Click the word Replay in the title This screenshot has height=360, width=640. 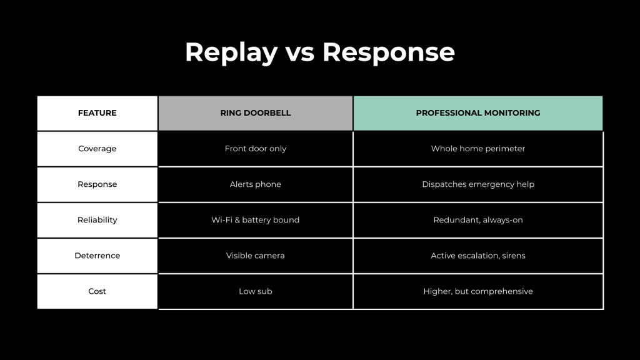231,52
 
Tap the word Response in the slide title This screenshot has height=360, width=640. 389,52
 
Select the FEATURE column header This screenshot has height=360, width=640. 97,113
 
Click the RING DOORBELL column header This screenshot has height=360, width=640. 256,113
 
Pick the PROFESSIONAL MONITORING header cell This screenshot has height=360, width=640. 478,113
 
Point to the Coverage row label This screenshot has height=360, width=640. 97,149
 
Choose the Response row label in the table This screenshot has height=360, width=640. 97,184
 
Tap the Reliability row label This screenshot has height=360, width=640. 97,220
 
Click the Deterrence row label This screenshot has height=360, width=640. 97,256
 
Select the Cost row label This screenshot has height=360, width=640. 97,291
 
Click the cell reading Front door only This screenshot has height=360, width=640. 256,149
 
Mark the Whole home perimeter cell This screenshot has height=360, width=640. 478,149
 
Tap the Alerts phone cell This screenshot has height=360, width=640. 256,184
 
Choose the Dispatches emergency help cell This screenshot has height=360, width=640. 478,184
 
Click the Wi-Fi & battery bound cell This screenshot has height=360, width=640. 256,220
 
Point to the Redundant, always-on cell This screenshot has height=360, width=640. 478,220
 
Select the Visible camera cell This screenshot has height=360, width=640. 256,256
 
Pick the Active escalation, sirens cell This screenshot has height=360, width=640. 478,256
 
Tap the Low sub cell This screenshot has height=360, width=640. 256,291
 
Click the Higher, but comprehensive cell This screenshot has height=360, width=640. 478,291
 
